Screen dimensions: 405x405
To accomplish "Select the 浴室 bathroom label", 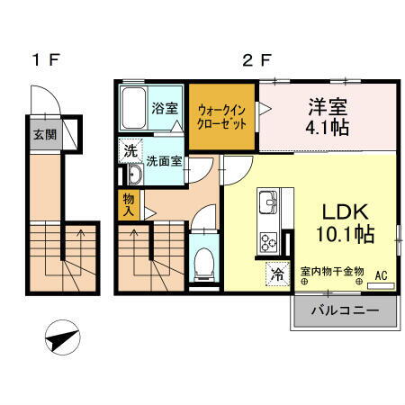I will click(165, 109).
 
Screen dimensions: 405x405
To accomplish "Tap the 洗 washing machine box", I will click(130, 149).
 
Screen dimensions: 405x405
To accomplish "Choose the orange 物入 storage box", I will click(128, 206).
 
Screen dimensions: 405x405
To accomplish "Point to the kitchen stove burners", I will click(269, 240).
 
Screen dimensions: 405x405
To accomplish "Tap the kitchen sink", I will click(268, 203).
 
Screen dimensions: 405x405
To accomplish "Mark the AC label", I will click(380, 276).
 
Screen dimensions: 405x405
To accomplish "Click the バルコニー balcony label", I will click(343, 312).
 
